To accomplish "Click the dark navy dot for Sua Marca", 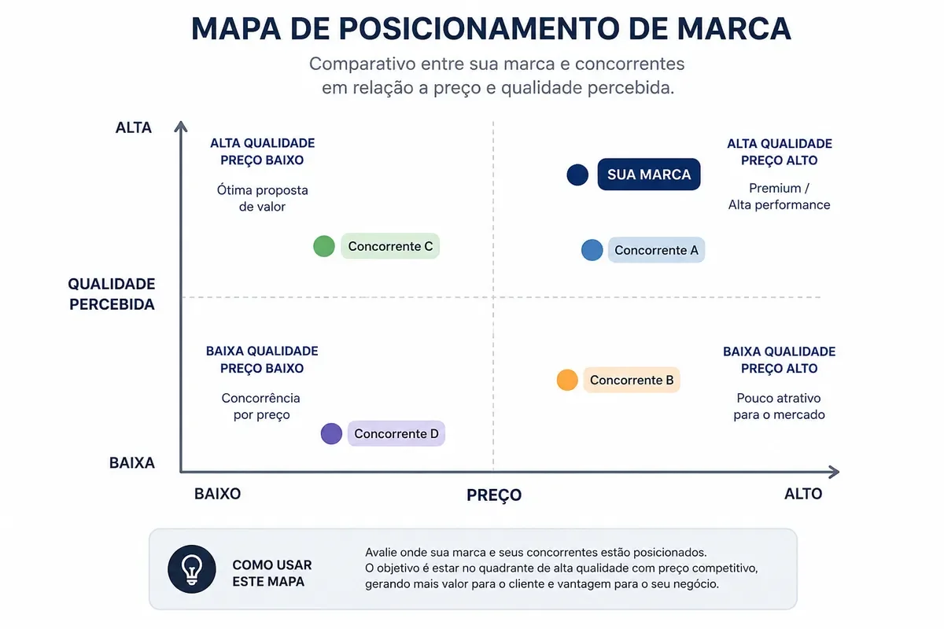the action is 577,175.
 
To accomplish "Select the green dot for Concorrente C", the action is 324,246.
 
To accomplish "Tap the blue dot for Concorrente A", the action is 592,250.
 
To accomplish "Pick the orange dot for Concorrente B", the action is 567,380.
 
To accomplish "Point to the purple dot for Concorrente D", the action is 331,433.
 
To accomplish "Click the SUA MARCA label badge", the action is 649,175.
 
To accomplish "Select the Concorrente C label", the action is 390,246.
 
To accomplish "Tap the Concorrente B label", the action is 632,380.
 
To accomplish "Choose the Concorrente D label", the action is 396,433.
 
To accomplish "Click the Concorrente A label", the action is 656,250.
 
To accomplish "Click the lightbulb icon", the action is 192,569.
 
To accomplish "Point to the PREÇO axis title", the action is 494,495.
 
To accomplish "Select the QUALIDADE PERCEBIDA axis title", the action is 112,294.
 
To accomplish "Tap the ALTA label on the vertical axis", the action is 134,127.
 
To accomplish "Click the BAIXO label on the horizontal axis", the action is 217,494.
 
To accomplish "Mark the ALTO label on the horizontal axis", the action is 803,494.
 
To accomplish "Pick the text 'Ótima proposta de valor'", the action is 262,198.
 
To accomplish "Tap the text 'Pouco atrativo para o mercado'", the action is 780,406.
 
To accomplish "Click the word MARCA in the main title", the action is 734,28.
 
